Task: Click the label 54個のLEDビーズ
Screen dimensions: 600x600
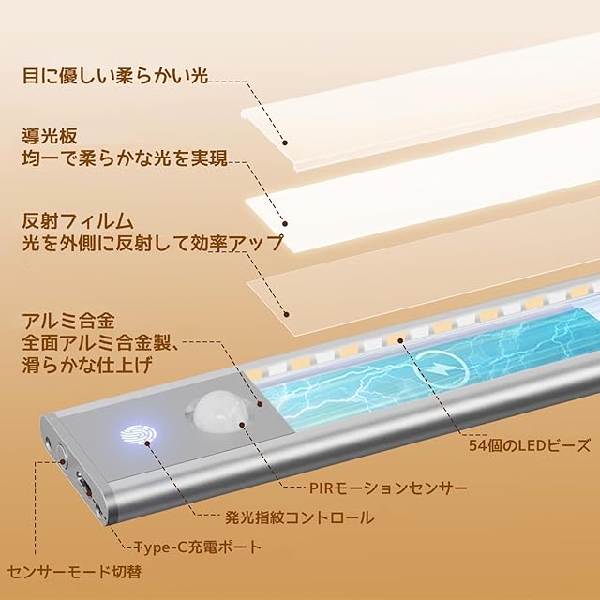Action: [530, 446]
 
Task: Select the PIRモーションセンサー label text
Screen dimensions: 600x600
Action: [387, 488]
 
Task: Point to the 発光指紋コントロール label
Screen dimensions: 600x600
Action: [299, 517]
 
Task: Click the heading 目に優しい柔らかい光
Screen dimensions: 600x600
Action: [114, 74]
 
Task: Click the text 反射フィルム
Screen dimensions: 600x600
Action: [78, 222]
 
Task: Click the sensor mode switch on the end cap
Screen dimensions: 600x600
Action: [62, 457]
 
